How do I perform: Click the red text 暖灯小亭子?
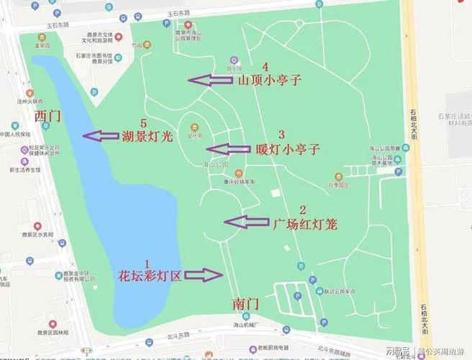coord(287,150)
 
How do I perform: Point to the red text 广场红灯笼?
coord(305,224)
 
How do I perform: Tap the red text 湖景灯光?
coord(147,137)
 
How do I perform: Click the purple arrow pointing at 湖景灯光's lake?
coord(100,135)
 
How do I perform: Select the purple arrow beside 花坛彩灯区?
coord(204,274)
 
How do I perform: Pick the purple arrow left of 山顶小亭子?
coord(210,80)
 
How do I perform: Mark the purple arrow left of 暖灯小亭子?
coord(227,149)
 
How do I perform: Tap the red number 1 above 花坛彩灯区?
coord(148,263)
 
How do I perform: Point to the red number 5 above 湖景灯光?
coord(143,123)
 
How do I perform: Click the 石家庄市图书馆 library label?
coord(89,55)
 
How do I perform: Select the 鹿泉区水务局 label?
coord(37,235)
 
